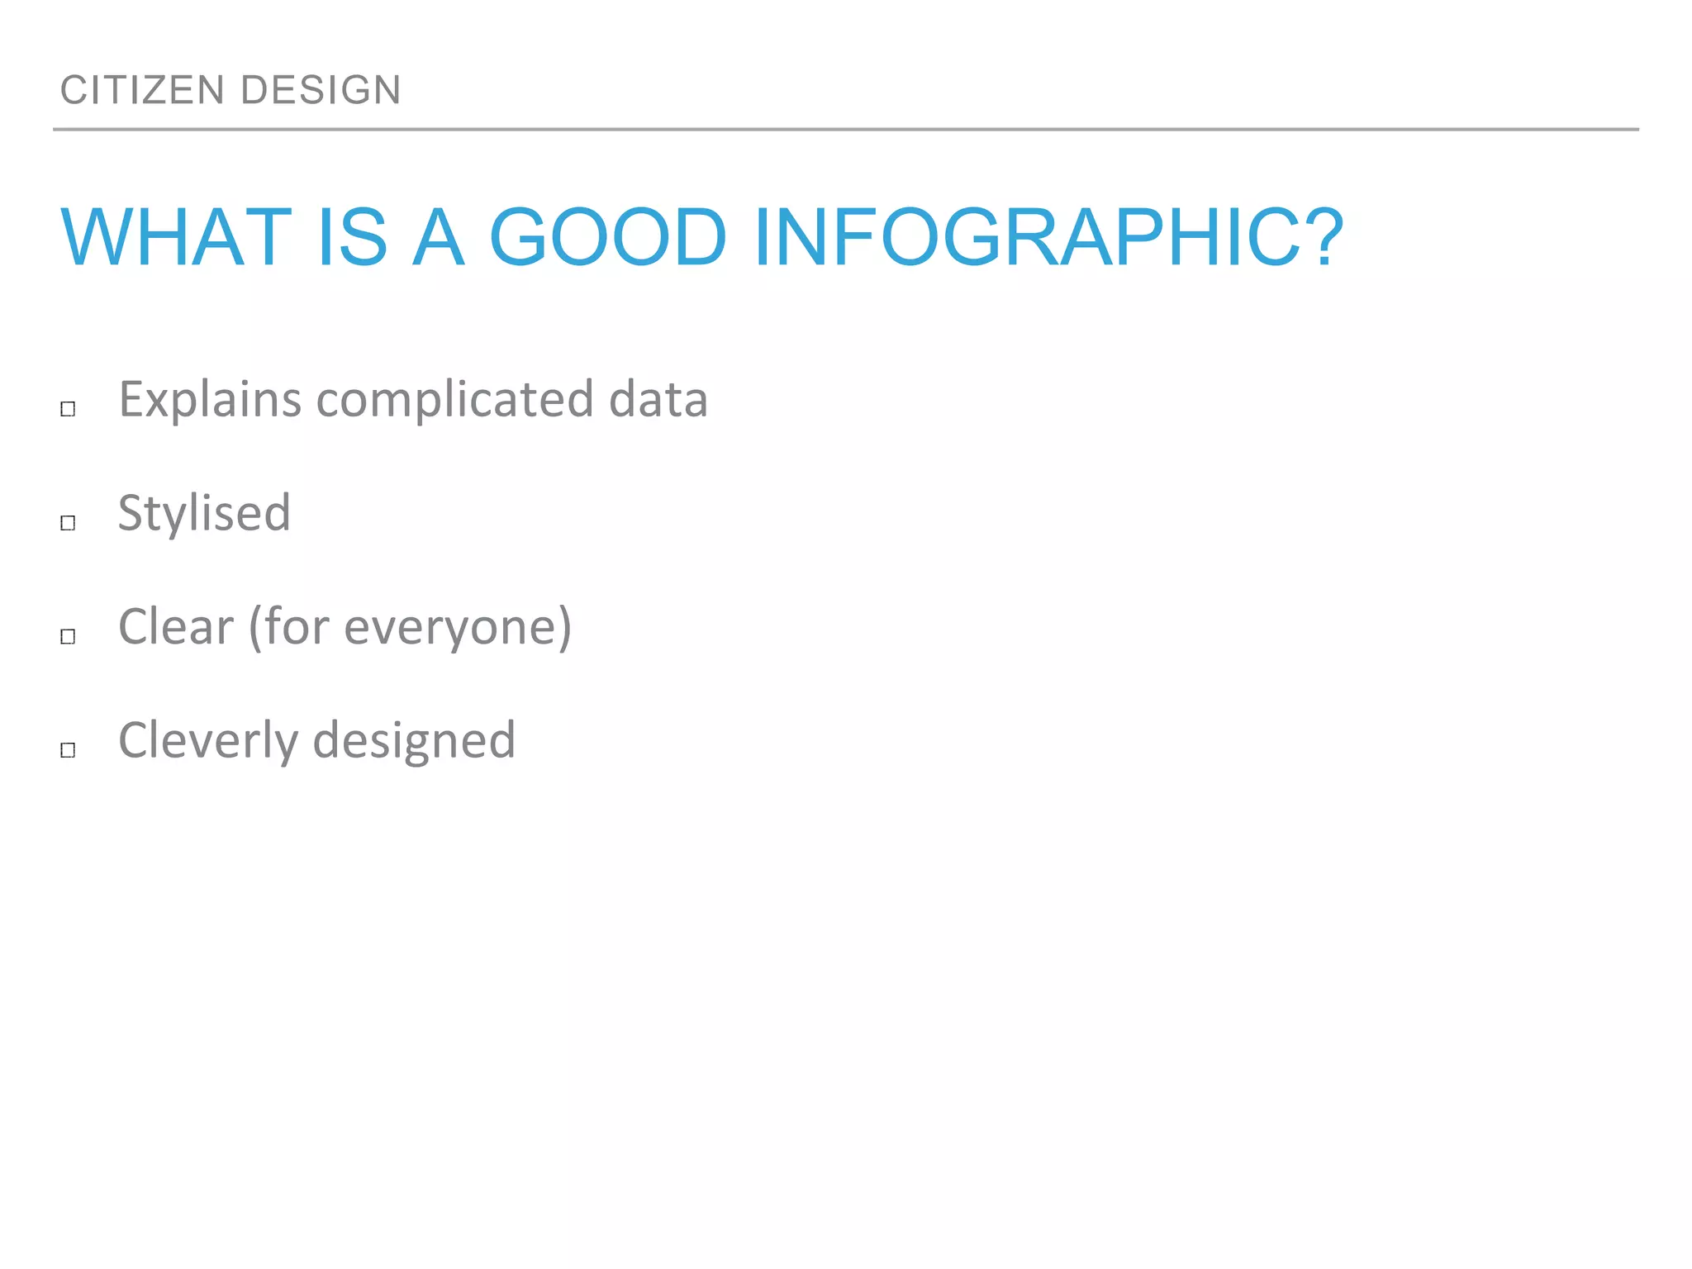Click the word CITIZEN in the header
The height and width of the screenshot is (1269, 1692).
coord(142,90)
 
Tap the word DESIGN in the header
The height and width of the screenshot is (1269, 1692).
coord(321,90)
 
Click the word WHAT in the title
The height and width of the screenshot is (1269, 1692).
coord(176,238)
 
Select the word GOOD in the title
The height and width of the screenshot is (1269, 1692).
coord(607,238)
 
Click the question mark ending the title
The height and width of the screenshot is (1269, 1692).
coord(1320,238)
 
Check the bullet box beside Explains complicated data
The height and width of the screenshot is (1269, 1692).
coord(68,409)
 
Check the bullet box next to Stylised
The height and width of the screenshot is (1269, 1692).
coord(68,523)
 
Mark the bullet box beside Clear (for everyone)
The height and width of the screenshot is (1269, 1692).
coord(68,636)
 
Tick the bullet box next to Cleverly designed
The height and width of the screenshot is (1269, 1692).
coord(68,750)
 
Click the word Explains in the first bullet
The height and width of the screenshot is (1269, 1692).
coord(210,400)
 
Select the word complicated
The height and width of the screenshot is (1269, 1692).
coord(454,400)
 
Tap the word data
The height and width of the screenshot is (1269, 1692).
coord(658,400)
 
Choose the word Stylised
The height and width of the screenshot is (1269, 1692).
coord(204,513)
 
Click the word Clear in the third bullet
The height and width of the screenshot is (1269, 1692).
coord(176,626)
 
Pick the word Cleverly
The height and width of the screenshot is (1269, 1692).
coord(207,740)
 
